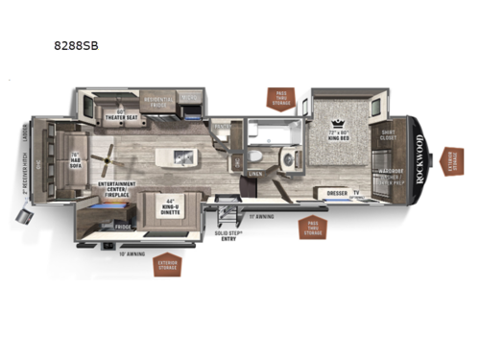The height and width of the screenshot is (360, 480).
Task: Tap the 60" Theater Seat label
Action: (125, 115)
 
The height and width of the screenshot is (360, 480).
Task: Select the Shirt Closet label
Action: (389, 136)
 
